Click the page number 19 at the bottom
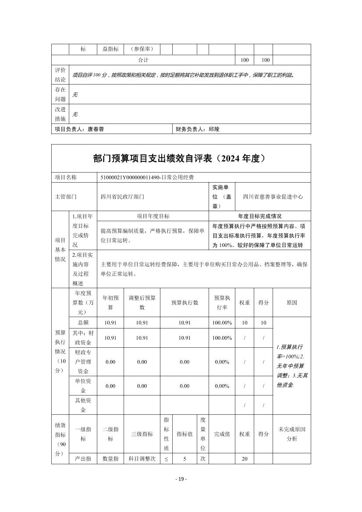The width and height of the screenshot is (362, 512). point(181,479)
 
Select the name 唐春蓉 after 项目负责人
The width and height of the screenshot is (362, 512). point(96,129)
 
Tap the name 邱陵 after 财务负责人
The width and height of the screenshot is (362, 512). point(213,129)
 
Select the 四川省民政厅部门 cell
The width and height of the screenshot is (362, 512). point(122,197)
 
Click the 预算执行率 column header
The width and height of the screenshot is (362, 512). point(222,302)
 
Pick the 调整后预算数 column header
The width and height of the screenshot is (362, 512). point(142,302)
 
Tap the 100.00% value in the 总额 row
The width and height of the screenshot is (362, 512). point(222,323)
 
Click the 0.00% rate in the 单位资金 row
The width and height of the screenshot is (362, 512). point(222,386)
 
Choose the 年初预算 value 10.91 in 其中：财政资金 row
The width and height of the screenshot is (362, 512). point(110,338)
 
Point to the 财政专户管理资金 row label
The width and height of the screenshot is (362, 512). point(83,361)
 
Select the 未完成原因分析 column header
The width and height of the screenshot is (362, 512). point(291,434)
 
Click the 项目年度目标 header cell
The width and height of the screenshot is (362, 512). point(153,216)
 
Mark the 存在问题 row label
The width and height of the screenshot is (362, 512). point(60,94)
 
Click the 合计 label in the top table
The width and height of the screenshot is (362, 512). point(143,60)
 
